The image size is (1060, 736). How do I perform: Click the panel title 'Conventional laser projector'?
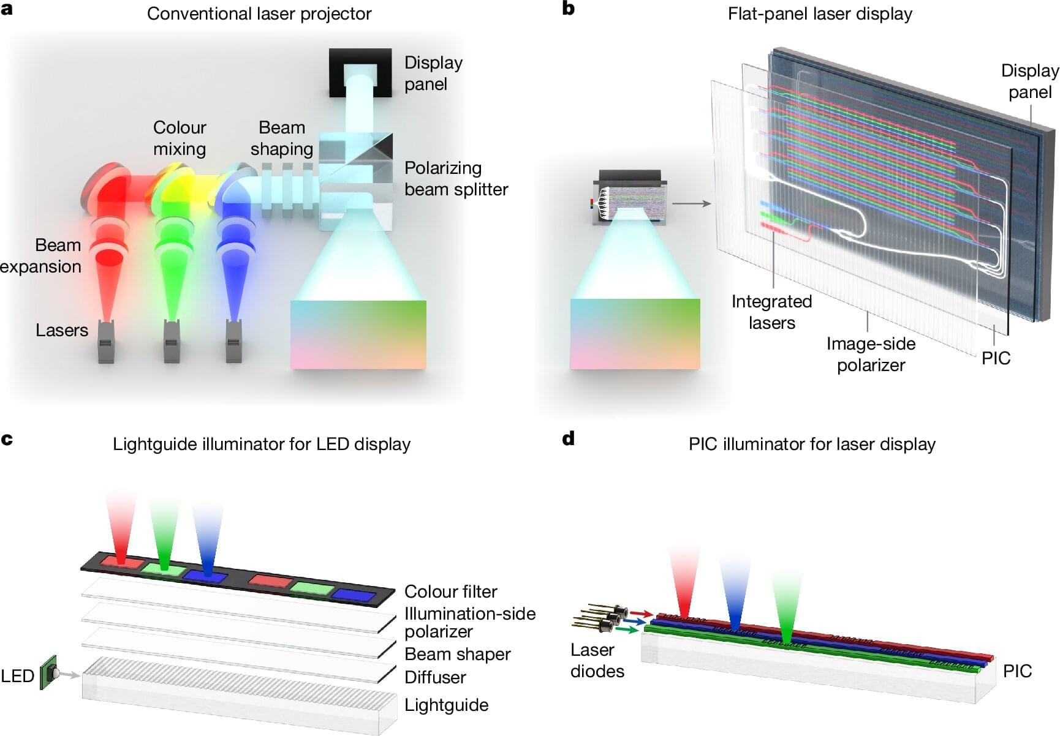259,14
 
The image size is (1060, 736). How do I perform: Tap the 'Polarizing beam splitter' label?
456,179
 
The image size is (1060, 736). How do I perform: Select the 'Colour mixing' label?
180,138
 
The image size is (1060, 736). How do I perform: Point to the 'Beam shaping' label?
282,138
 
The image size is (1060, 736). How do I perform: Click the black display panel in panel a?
360,72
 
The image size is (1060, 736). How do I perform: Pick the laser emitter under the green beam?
172,342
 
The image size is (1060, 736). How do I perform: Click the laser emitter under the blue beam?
233,342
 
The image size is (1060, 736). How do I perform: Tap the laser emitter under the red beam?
106,342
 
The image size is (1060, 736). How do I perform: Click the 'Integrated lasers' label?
771,312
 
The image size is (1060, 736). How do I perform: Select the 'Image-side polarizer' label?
871,355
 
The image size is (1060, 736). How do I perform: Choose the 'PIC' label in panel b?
996,358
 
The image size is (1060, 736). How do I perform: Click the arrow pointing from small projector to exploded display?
692,203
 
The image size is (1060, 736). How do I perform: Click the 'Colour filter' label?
450,591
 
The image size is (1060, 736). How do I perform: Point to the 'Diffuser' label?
435,677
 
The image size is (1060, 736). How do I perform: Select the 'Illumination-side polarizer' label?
469,622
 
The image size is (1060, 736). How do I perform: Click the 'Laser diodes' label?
597,661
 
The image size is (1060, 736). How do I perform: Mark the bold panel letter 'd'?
569,438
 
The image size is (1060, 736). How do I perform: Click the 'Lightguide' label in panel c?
446,705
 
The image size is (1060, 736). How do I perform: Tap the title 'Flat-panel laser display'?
820,14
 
